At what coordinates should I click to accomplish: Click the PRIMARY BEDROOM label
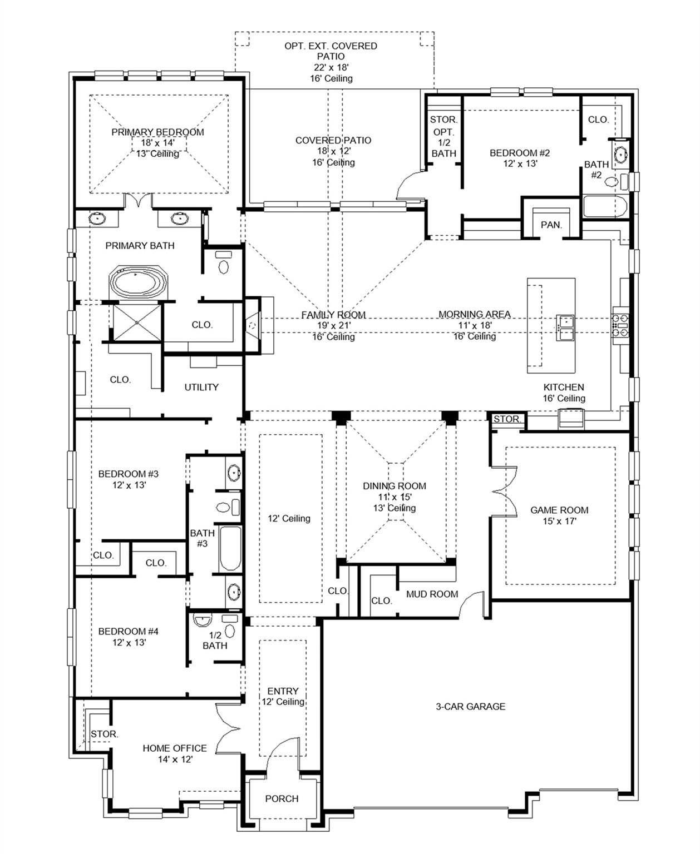[x=157, y=132]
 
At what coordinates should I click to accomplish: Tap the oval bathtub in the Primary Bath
[x=139, y=282]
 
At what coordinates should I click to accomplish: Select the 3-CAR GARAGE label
[x=470, y=706]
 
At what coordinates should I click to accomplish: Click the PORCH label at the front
[x=282, y=798]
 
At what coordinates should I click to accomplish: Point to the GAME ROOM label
[x=559, y=510]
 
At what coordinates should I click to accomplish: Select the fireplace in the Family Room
[x=253, y=325]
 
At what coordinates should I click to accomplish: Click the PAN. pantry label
[x=551, y=225]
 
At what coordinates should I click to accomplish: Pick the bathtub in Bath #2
[x=605, y=206]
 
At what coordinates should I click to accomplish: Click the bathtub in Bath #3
[x=230, y=549]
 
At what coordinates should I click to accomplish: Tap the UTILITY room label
[x=201, y=387]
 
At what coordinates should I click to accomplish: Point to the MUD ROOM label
[x=432, y=594]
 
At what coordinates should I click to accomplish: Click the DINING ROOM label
[x=394, y=486]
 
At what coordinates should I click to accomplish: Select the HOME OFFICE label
[x=174, y=748]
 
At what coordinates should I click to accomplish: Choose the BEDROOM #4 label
[x=128, y=631]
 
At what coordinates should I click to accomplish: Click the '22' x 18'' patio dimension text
[x=331, y=67]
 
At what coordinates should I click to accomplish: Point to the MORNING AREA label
[x=474, y=315]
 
